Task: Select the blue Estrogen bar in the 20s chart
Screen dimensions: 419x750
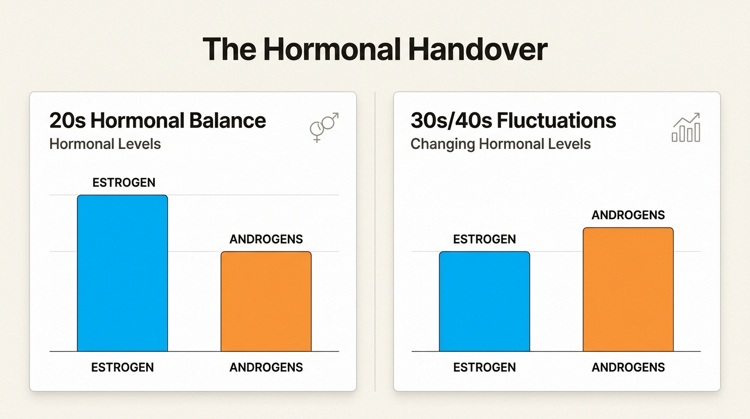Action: click(x=123, y=273)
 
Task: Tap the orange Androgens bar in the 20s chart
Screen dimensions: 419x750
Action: click(x=266, y=301)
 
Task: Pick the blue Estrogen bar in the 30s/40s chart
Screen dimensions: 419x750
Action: click(x=485, y=301)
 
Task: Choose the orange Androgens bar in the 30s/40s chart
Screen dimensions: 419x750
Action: click(x=628, y=289)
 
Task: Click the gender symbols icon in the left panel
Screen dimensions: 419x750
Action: click(x=324, y=128)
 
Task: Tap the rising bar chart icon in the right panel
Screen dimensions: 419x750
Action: click(x=686, y=128)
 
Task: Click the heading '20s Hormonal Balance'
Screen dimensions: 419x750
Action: click(x=158, y=121)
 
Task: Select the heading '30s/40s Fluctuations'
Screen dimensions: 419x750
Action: click(x=513, y=121)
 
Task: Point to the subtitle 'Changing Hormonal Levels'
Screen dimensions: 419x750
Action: click(x=500, y=144)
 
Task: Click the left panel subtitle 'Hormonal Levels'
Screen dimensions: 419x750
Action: click(x=105, y=144)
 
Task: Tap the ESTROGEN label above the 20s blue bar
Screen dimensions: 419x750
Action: click(x=124, y=182)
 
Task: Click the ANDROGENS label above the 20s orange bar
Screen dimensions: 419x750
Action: click(x=266, y=239)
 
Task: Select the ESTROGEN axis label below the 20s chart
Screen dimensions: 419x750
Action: click(x=123, y=367)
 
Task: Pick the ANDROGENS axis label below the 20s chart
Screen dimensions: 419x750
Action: click(x=266, y=367)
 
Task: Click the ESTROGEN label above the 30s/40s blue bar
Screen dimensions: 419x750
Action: click(x=485, y=239)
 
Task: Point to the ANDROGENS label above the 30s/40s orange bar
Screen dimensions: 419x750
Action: click(x=628, y=215)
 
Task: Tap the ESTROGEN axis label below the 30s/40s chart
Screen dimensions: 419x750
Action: click(x=485, y=367)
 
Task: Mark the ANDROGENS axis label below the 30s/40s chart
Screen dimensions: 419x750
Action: click(x=628, y=367)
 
